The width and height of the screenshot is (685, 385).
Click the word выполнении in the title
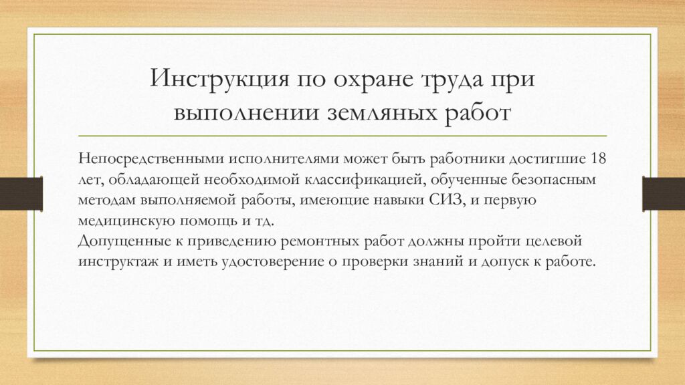[x=237, y=110]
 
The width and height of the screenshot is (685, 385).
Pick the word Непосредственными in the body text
[x=149, y=160]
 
